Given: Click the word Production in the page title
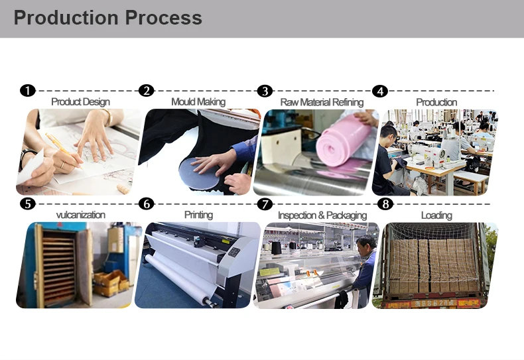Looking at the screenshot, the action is coord(66,18).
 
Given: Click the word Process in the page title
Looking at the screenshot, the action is coord(164,18).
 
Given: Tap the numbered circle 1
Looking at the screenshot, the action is coord(28,91).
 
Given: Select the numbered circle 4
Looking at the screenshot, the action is coord(380,91).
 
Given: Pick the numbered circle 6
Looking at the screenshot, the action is coord(147,204).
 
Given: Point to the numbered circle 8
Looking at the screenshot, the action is coord(385,204).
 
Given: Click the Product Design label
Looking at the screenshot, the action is coord(80,101).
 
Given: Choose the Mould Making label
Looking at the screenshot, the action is coord(198,101).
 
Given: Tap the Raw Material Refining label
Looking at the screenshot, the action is coord(322,102).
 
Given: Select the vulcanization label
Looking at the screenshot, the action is coord(80,215).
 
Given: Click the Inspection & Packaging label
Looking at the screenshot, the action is coord(322,215).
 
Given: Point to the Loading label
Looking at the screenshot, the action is coord(436,215).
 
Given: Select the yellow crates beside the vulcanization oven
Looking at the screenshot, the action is coord(111,283).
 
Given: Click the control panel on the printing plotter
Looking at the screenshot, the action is coord(234,252).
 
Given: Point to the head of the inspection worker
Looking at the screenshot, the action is coord(366,245).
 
